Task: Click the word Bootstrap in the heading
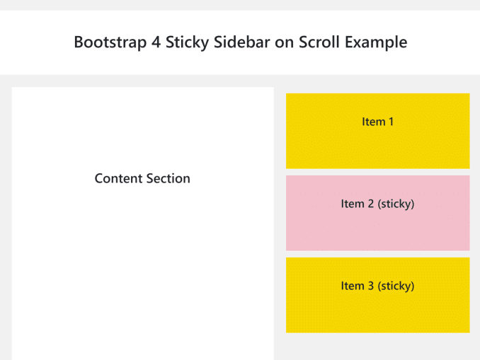tap(110, 42)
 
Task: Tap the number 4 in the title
tap(156, 42)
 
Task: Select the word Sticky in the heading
tap(187, 42)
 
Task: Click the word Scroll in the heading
tap(319, 42)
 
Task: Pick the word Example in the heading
tap(376, 42)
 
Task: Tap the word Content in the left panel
tap(117, 178)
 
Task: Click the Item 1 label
tap(377, 122)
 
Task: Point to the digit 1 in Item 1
tap(391, 122)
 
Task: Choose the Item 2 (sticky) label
tap(377, 204)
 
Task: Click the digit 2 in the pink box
tap(371, 204)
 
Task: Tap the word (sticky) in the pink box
tap(396, 204)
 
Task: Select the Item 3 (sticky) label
tap(377, 286)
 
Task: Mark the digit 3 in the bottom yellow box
tap(371, 286)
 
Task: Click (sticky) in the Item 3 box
tap(396, 286)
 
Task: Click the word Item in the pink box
tap(353, 204)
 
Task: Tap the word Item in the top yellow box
tap(374, 122)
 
